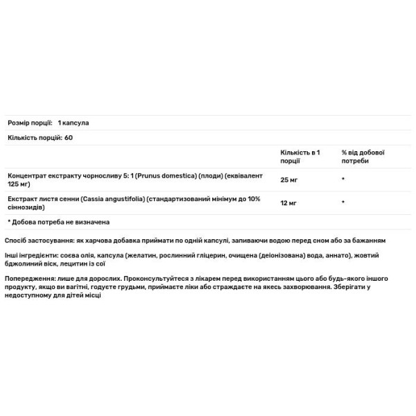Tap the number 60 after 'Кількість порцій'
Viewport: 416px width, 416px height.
click(69, 137)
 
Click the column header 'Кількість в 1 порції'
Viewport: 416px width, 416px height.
click(300, 156)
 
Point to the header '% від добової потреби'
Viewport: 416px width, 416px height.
click(363, 156)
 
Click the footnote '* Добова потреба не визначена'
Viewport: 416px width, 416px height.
click(59, 222)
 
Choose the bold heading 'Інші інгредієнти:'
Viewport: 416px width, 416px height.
click(31, 257)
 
